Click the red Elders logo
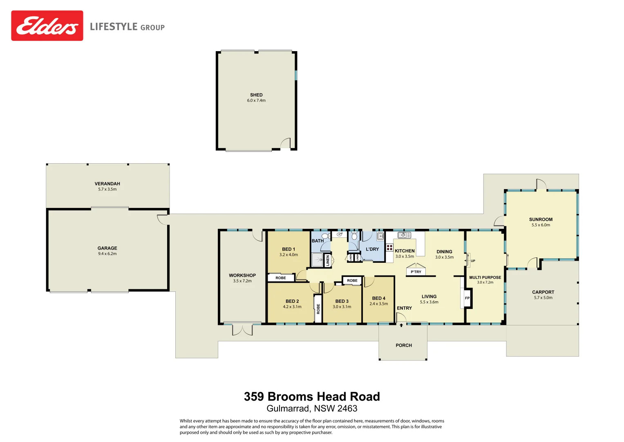pyautogui.click(x=47, y=26)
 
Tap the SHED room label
pyautogui.click(x=256, y=95)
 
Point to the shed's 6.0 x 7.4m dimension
pyautogui.click(x=256, y=101)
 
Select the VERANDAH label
pyautogui.click(x=107, y=184)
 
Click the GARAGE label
pyautogui.click(x=107, y=248)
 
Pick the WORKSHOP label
pyautogui.click(x=242, y=275)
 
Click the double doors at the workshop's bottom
pyautogui.click(x=242, y=329)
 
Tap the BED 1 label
pyautogui.click(x=289, y=249)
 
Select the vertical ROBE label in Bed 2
pyautogui.click(x=318, y=309)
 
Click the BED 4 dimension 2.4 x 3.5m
pyautogui.click(x=379, y=304)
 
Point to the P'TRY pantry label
pyautogui.click(x=416, y=272)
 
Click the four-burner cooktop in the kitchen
pyautogui.click(x=389, y=248)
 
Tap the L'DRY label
pyautogui.click(x=372, y=249)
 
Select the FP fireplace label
pyautogui.click(x=467, y=298)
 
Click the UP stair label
pyautogui.click(x=473, y=261)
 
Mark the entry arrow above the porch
pyautogui.click(x=401, y=325)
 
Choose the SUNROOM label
pyautogui.click(x=541, y=219)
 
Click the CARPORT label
pyautogui.click(x=543, y=292)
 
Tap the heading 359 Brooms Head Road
pyautogui.click(x=312, y=397)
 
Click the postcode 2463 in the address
pyautogui.click(x=347, y=408)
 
